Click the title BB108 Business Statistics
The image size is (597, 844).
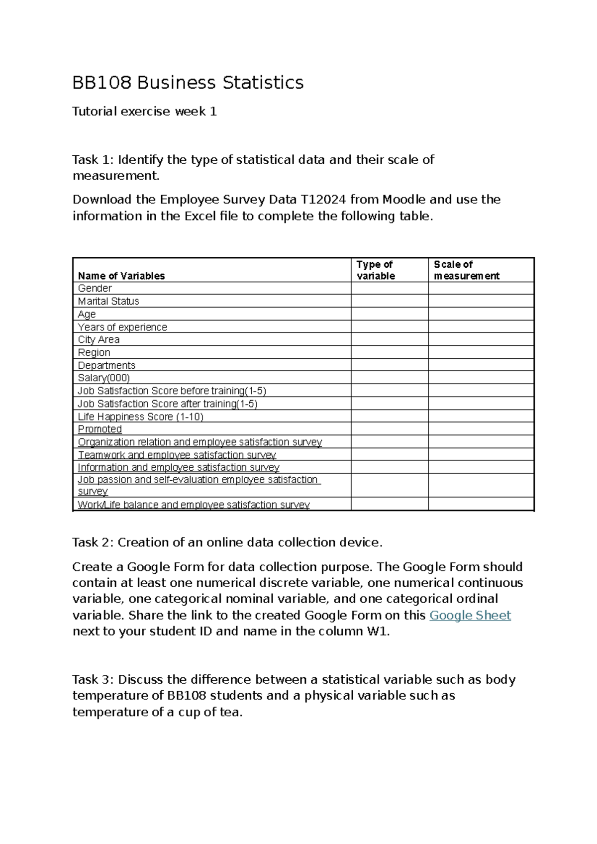188,83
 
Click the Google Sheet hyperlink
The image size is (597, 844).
470,616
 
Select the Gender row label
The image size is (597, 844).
95,289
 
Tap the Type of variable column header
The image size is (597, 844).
376,270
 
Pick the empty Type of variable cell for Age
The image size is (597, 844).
389,314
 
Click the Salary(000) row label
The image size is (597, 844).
104,378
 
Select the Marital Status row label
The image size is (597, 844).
108,302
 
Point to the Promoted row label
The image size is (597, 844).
100,429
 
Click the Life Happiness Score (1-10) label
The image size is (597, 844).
141,417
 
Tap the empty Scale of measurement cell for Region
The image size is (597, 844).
481,352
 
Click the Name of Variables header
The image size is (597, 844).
121,276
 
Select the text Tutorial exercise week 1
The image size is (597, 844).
144,111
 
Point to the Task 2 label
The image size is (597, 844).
93,542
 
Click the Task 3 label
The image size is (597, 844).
93,680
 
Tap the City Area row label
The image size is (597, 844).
99,340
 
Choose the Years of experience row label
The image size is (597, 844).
122,327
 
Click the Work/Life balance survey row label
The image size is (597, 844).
194,505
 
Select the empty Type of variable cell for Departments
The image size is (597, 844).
389,365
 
